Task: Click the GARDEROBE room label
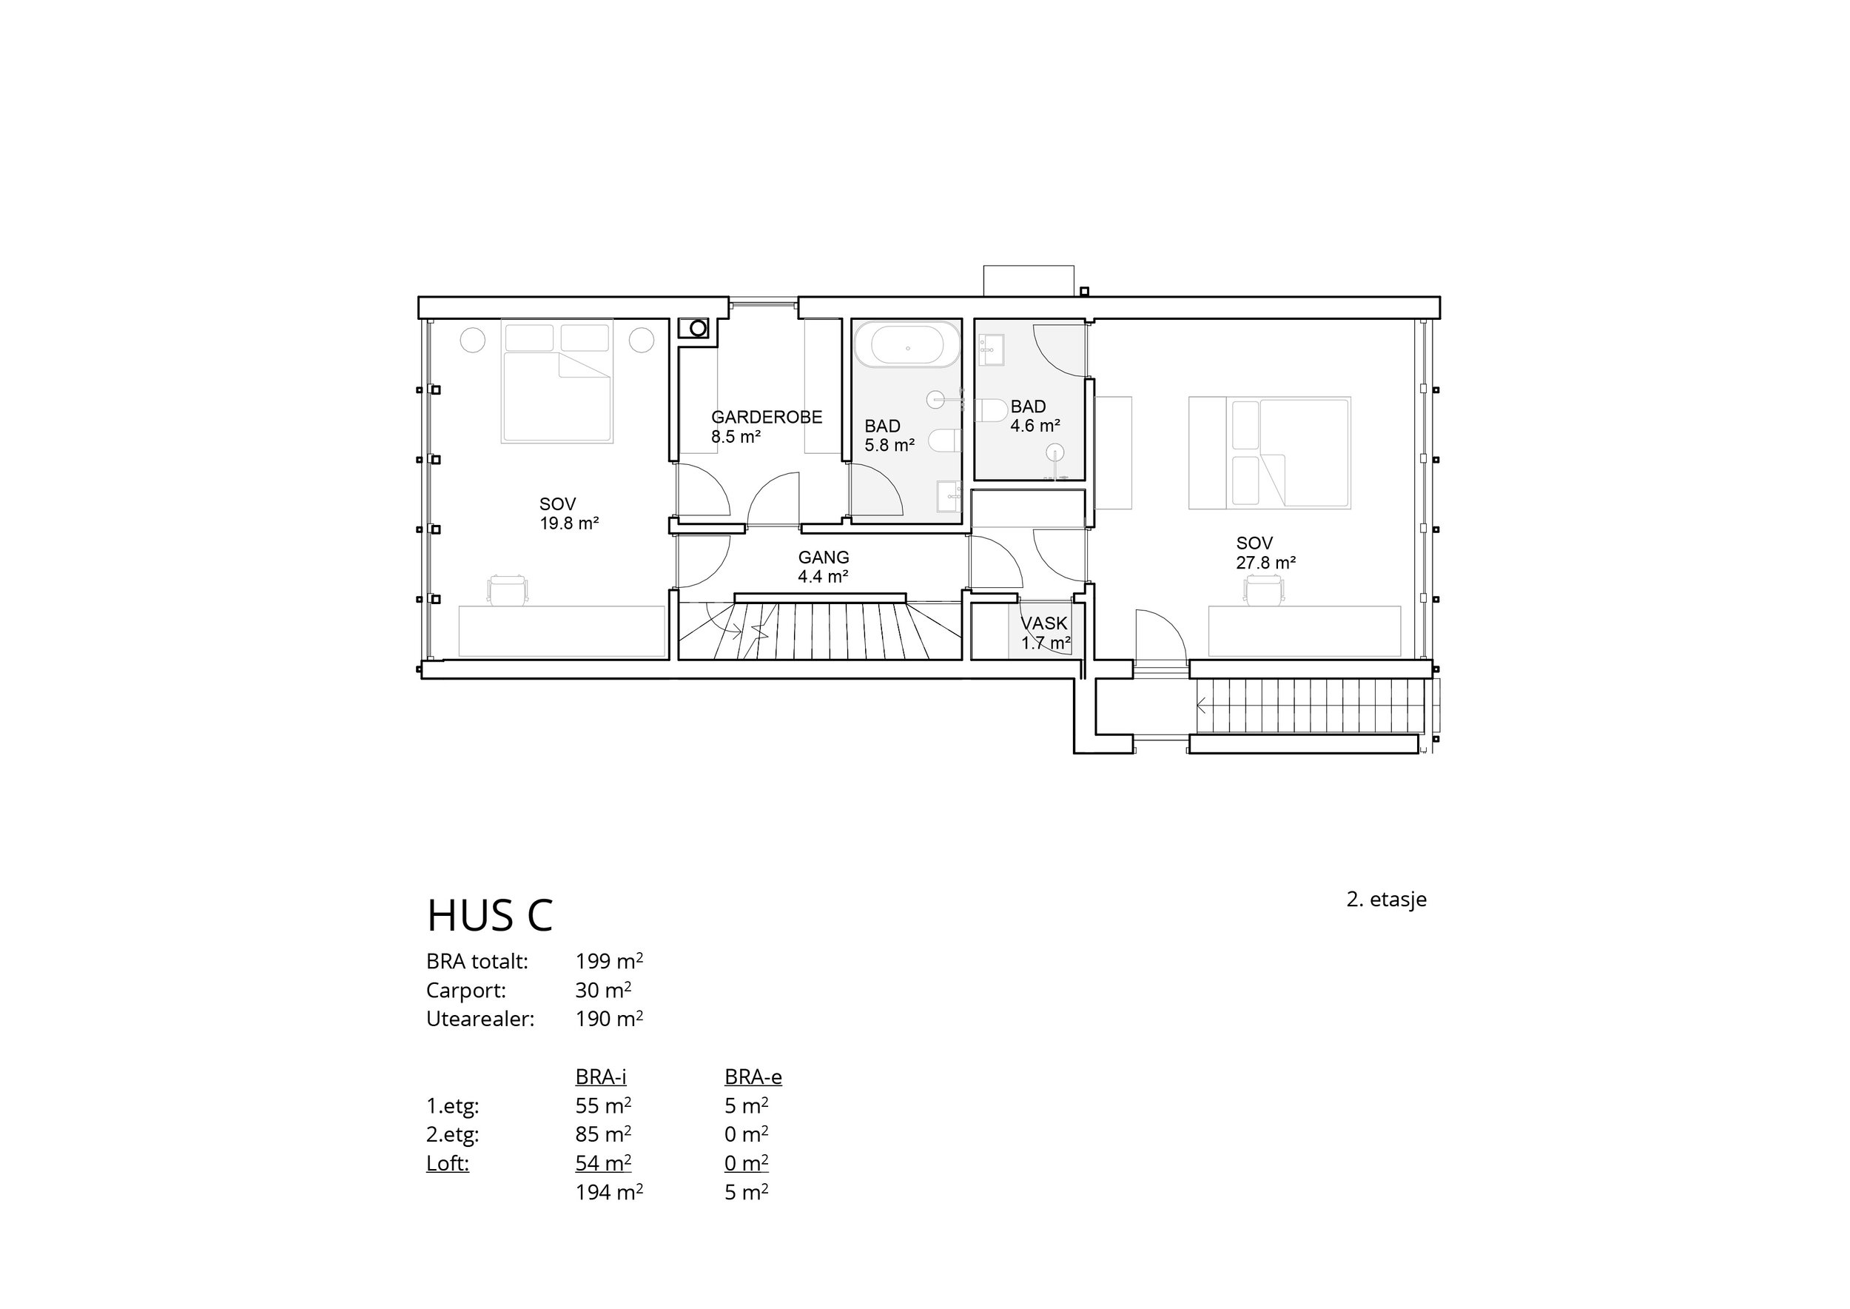click(766, 417)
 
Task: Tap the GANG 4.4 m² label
click(823, 566)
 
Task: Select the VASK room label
click(1044, 623)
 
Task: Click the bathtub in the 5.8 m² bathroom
click(907, 345)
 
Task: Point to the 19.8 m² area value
click(569, 524)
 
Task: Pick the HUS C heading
click(490, 915)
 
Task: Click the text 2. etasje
click(1386, 900)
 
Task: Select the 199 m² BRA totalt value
click(608, 961)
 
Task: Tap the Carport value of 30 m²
click(602, 990)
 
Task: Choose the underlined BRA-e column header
click(753, 1077)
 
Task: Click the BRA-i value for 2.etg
click(602, 1134)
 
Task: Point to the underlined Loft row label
click(447, 1163)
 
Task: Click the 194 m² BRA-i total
click(608, 1192)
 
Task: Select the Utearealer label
click(480, 1019)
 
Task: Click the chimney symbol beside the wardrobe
click(698, 328)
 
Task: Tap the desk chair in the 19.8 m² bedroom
click(508, 590)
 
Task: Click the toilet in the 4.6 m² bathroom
click(991, 410)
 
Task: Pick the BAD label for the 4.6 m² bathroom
click(1028, 406)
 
